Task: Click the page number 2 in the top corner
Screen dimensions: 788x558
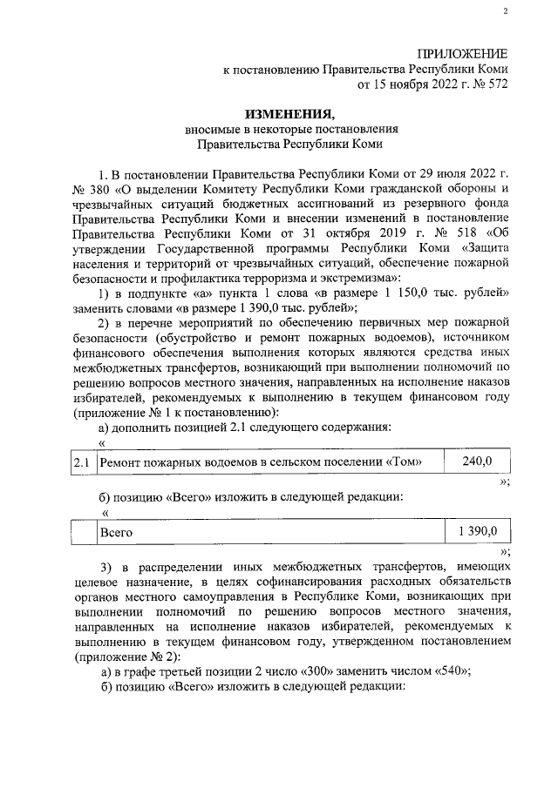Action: [x=505, y=10]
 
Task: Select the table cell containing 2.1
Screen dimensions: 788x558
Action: [x=83, y=462]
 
